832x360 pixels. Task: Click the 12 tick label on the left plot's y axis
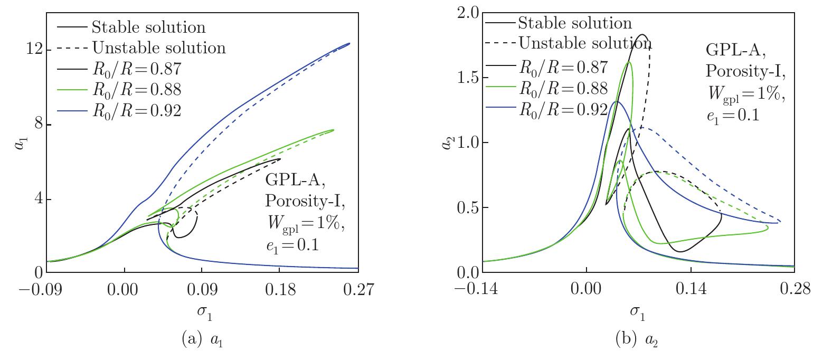coord(33,50)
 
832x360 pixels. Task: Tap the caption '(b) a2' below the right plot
coord(637,339)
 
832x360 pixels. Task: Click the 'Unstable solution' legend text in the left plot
coord(158,48)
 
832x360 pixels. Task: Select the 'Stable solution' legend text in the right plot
coord(574,23)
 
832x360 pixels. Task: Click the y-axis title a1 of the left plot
coord(20,141)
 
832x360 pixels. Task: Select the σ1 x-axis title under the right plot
coord(637,312)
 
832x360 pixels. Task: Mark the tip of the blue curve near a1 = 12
coord(349,43)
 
